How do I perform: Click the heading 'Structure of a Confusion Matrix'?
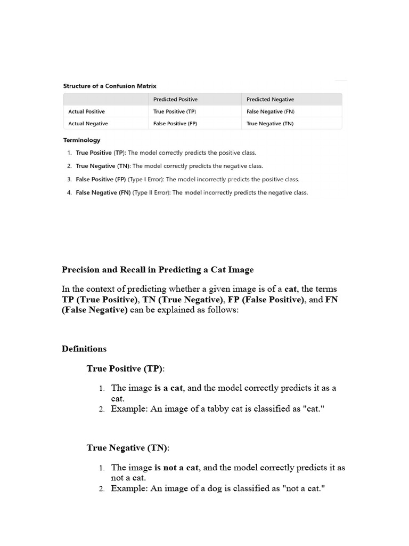(x=110, y=86)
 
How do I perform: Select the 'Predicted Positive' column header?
(x=175, y=100)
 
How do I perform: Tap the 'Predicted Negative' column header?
(x=270, y=100)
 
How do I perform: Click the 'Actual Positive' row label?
(x=87, y=112)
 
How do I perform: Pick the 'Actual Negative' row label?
(x=88, y=124)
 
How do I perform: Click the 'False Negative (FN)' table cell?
(x=271, y=112)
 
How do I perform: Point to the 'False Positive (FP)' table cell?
(x=175, y=124)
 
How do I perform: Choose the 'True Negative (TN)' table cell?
(x=270, y=124)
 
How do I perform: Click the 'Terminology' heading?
(x=81, y=140)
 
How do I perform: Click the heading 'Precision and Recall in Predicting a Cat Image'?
(x=157, y=270)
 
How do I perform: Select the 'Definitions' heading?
(x=84, y=349)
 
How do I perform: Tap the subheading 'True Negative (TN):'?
(x=128, y=448)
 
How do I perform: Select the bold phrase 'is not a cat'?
(x=176, y=468)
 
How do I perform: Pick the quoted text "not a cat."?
(x=302, y=488)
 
